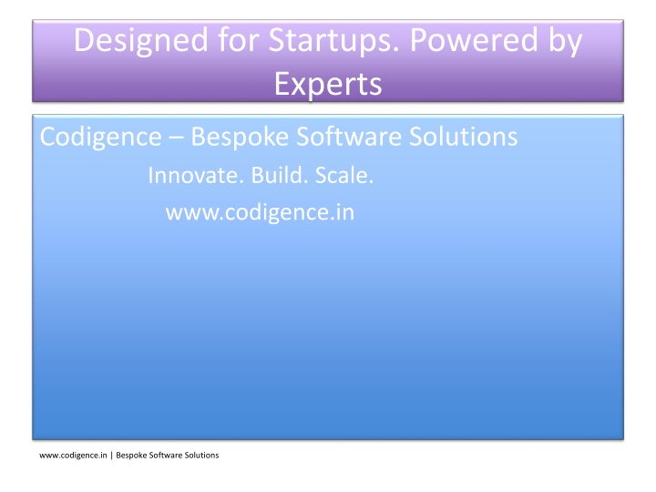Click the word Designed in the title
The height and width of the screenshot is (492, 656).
tap(140, 42)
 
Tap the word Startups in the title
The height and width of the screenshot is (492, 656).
tap(333, 42)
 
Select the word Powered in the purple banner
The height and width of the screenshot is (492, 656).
tap(474, 40)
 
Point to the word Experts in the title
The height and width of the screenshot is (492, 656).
tap(328, 85)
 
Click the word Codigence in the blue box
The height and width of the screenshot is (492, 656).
tap(101, 138)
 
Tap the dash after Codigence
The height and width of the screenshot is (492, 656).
tap(176, 138)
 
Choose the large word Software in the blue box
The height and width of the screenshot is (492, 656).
tap(348, 137)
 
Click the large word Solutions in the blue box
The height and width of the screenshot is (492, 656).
tap(463, 137)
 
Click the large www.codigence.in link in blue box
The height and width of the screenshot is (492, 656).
tap(260, 212)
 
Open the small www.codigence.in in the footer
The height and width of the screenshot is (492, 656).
tap(73, 456)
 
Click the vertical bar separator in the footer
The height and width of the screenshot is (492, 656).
tap(112, 456)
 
